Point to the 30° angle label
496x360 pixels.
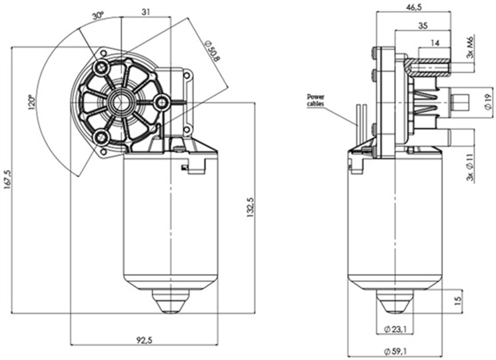tap(98, 14)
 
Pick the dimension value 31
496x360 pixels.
tap(147, 12)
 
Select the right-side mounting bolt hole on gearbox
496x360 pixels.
tap(162, 103)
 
